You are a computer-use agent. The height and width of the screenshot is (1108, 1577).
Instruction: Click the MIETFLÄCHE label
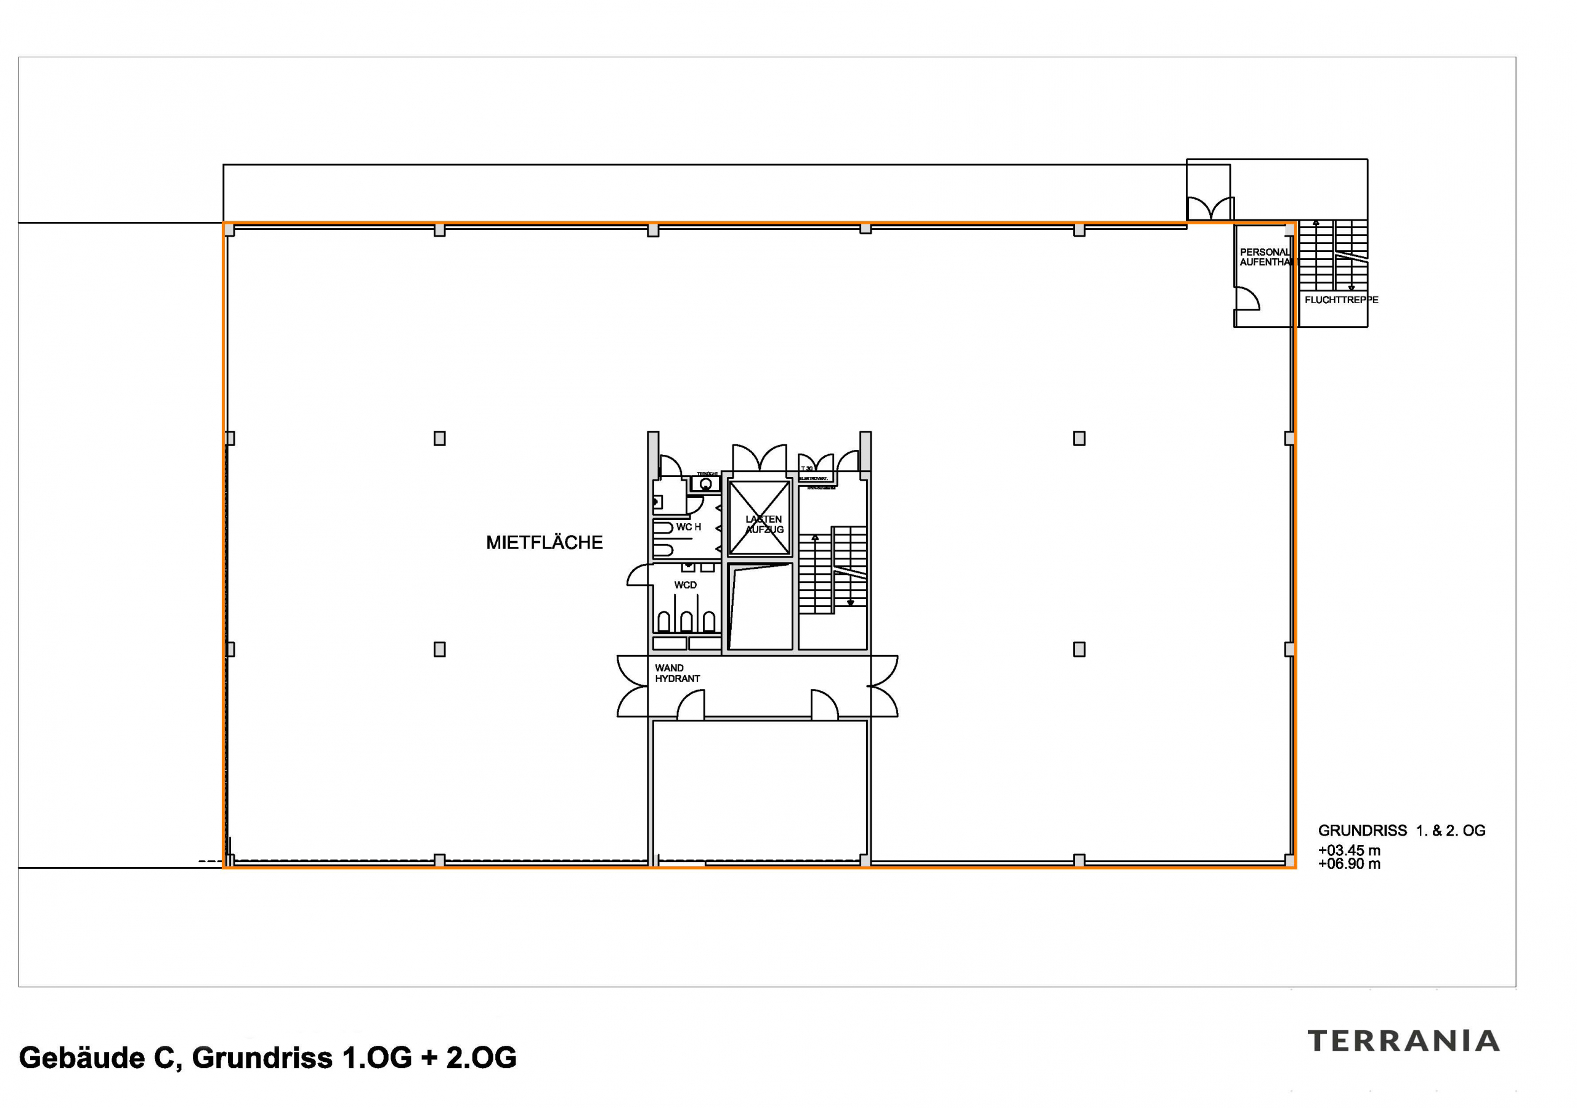(544, 543)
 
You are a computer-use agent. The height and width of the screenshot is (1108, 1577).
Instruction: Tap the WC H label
(688, 527)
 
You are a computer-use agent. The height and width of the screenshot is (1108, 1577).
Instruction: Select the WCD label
(685, 585)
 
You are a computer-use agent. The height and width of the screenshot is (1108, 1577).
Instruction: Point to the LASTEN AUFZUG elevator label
(764, 524)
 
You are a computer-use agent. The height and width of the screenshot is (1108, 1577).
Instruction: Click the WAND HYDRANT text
(676, 673)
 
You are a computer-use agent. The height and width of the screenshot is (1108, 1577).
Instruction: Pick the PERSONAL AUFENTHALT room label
(1265, 257)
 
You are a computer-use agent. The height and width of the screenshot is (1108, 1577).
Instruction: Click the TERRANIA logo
(1404, 1041)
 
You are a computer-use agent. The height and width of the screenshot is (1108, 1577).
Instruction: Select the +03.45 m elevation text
(1349, 850)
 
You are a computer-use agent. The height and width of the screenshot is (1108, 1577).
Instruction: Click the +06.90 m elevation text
(1349, 864)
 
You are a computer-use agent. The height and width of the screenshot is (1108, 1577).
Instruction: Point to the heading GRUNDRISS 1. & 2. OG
(1401, 831)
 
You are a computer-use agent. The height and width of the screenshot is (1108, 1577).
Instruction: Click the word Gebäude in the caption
(82, 1058)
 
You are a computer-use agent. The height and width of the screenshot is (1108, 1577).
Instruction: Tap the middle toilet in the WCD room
(687, 621)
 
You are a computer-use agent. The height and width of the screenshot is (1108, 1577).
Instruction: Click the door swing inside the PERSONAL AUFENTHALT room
(1247, 299)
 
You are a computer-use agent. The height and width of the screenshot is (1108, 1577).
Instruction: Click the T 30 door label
(806, 468)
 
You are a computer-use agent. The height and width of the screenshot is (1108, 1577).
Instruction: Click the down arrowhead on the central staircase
(850, 603)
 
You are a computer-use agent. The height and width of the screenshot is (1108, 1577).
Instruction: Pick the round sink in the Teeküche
(705, 484)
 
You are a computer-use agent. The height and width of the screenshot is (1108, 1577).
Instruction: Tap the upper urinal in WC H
(663, 528)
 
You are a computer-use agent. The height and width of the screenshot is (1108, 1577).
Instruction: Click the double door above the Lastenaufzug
(759, 458)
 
